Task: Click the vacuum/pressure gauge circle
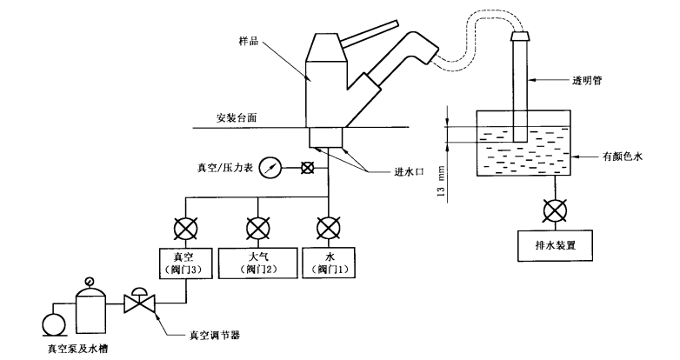click(271, 168)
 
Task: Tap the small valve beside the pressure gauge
click(305, 168)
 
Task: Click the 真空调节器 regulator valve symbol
click(140, 303)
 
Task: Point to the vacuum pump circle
click(51, 324)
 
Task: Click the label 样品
click(249, 41)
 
